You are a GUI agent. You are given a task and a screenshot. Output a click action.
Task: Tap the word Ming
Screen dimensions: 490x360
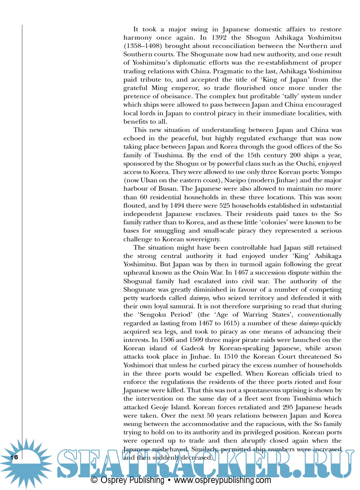point(159,88)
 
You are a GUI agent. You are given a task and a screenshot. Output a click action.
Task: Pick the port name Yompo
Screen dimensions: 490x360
point(331,172)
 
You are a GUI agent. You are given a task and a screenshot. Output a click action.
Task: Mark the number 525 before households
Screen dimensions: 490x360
point(225,206)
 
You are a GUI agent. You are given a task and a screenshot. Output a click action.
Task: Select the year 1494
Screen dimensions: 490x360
point(177,206)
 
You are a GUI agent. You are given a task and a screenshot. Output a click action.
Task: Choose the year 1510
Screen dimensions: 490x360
point(231,357)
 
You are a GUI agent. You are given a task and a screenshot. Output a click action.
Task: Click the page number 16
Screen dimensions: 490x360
point(14,457)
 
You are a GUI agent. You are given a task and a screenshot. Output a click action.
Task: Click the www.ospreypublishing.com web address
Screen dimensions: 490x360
point(222,480)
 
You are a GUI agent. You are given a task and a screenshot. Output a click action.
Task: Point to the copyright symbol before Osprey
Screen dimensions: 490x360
point(94,480)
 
